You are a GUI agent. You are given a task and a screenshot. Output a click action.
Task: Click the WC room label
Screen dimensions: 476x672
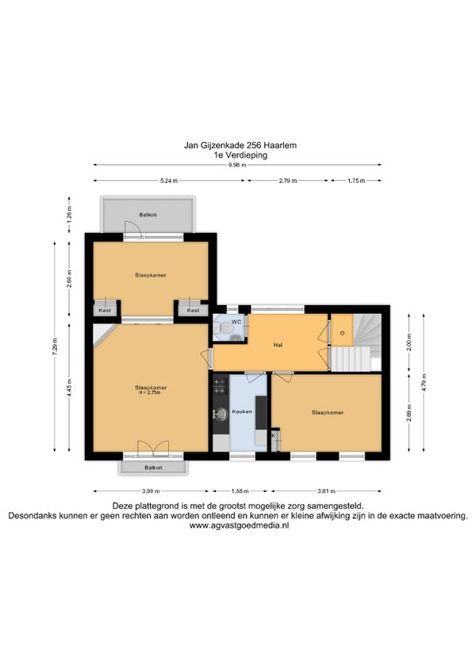point(236,322)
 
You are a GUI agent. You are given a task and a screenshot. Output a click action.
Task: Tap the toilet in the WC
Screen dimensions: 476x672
point(224,328)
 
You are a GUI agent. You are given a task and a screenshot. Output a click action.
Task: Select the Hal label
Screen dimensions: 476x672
point(278,345)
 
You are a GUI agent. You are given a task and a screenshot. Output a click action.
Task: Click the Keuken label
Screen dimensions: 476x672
point(242,411)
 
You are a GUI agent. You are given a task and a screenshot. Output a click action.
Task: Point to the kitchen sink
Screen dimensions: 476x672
point(221,414)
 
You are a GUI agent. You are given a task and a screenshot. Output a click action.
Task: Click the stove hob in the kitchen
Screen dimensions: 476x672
point(221,385)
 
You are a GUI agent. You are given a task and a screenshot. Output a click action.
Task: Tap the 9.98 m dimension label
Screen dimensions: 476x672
point(237,165)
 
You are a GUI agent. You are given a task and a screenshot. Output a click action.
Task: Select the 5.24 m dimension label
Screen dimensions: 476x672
point(169,181)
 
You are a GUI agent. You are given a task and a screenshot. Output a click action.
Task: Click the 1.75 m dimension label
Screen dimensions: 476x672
point(356,181)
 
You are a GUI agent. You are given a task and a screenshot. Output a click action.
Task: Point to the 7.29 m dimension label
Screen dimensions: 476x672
point(55,346)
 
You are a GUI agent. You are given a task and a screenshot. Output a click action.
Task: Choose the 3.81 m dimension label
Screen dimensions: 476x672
point(326,491)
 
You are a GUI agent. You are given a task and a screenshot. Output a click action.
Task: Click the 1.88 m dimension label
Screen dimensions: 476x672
point(240,491)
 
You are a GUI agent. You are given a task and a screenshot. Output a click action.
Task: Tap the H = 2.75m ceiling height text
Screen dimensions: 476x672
point(150,392)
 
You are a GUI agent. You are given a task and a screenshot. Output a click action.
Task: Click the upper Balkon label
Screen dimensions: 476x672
point(148,215)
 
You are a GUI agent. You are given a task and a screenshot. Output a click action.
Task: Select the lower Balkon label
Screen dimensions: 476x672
point(153,468)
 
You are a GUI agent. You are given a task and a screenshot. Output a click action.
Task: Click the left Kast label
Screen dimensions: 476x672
point(105,311)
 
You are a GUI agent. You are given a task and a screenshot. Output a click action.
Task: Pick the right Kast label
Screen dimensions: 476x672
point(193,311)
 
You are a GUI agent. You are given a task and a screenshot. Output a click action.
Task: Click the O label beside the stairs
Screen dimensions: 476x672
point(342,333)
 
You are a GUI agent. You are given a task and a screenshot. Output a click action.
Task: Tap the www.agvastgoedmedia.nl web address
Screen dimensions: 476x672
point(239,525)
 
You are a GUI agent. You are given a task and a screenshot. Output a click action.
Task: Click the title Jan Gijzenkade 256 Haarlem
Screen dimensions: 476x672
point(240,145)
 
